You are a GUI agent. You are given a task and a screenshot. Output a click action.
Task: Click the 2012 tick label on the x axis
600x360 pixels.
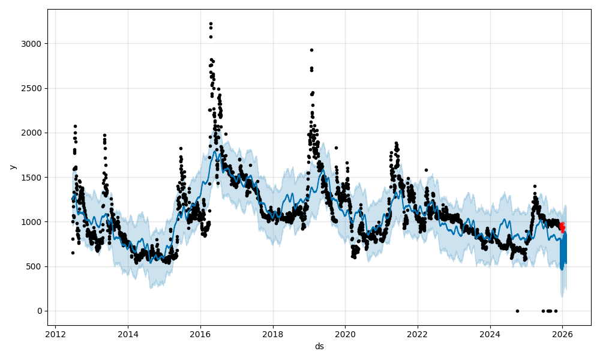coord(55,334)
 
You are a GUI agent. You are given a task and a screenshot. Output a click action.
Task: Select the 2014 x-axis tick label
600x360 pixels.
coord(128,334)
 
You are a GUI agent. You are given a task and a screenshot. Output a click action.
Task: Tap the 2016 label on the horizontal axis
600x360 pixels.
coord(200,334)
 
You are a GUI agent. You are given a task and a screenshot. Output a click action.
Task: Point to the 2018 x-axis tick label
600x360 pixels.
coord(273,334)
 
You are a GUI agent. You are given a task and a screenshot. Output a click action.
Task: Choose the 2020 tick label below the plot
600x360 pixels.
coord(345,334)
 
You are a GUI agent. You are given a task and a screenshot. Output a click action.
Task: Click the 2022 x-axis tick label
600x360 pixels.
coord(418,334)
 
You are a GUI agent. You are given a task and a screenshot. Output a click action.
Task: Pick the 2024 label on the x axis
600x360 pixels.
coord(490,334)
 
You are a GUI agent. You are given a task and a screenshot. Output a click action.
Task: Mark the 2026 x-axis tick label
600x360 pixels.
coord(563,334)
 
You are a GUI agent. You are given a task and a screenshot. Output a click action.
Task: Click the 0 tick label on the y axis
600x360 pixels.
coord(39,311)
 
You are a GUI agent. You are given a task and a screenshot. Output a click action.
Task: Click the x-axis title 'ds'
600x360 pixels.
coord(319,346)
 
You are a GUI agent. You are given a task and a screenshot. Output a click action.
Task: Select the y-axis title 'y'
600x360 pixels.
coord(13,167)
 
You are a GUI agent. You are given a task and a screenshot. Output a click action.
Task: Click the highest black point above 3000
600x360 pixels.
coord(211,23)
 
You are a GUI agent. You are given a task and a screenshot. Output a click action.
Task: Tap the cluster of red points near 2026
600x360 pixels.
coord(562,227)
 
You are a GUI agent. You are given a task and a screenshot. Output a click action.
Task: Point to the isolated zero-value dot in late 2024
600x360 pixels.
coord(517,311)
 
